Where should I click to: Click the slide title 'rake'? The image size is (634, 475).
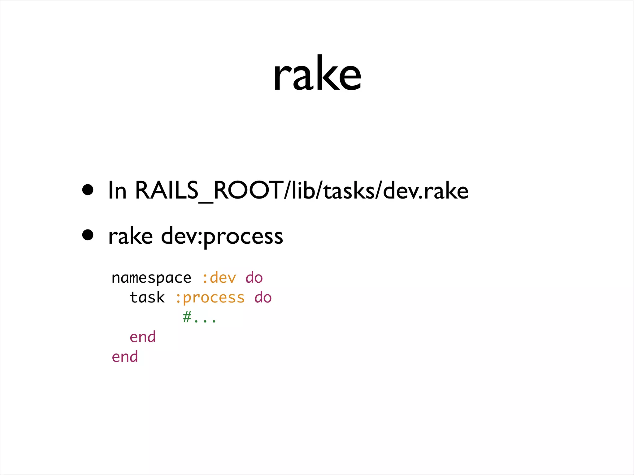coord(317,74)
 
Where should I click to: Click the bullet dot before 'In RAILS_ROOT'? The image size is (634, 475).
coord(88,190)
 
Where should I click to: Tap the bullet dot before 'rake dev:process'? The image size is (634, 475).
coord(88,235)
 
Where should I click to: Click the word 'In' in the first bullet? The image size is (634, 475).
coord(117,190)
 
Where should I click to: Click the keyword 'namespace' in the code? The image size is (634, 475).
coord(151,278)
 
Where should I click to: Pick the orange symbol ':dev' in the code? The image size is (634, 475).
coord(219,277)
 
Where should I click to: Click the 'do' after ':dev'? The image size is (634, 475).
coord(254,277)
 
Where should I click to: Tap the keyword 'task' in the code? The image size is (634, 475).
coord(147,297)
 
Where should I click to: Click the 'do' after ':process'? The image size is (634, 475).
coord(263,297)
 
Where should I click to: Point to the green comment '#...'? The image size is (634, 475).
coord(199,317)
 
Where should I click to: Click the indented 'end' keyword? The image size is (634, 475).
coord(143,337)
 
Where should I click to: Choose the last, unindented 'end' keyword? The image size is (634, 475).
coord(125,357)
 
